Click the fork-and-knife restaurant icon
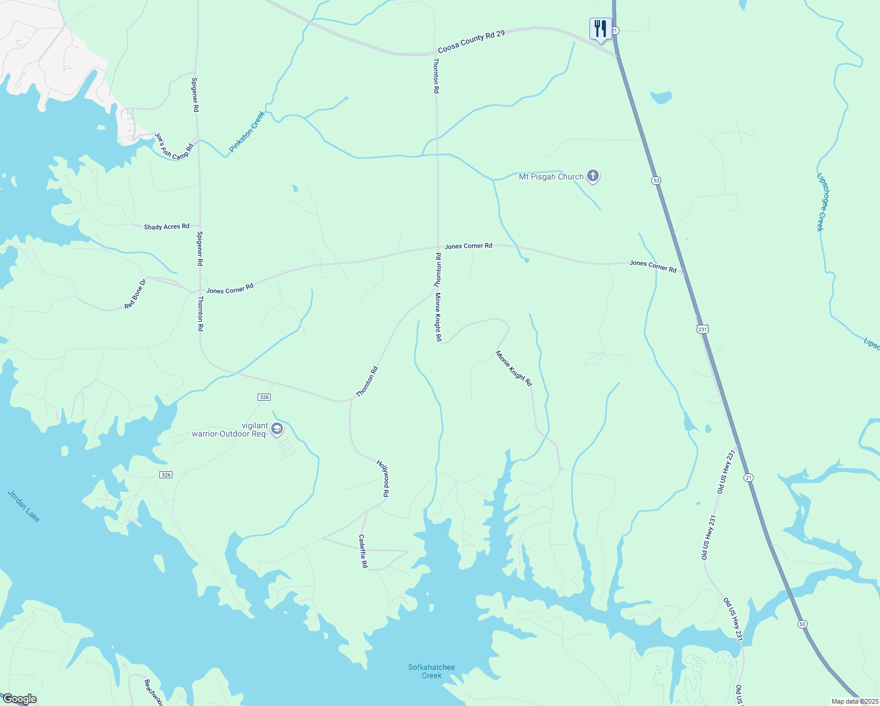pyautogui.click(x=600, y=28)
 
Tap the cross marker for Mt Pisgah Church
pyautogui.click(x=593, y=176)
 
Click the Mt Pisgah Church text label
pyautogui.click(x=551, y=176)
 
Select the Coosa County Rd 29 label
pyautogui.click(x=471, y=42)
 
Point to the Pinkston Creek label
pyautogui.click(x=247, y=132)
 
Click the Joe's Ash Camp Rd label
pyautogui.click(x=174, y=146)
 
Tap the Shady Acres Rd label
pyautogui.click(x=166, y=227)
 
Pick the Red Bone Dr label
pyautogui.click(x=135, y=294)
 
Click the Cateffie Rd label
pyautogui.click(x=363, y=551)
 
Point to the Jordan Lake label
pyautogui.click(x=24, y=506)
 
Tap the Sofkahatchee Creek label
pyautogui.click(x=432, y=671)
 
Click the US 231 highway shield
pyautogui.click(x=702, y=329)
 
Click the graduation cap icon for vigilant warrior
pyautogui.click(x=277, y=428)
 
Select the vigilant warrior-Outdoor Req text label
pyautogui.click(x=230, y=430)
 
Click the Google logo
pyautogui.click(x=20, y=699)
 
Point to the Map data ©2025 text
pyautogui.click(x=854, y=701)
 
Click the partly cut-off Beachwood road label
pyautogui.click(x=154, y=692)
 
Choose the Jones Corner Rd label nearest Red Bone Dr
pyautogui.click(x=230, y=289)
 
